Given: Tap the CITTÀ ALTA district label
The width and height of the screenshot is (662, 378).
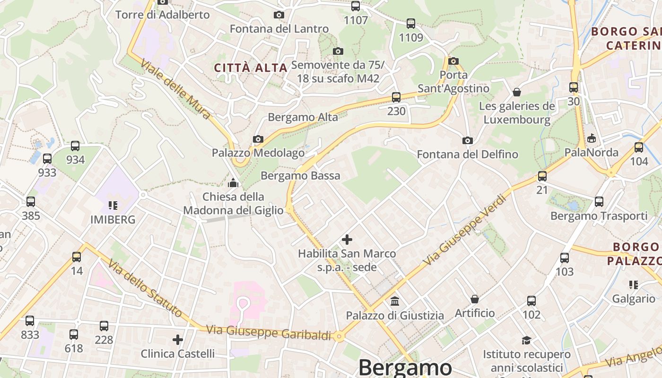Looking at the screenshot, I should (x=251, y=68).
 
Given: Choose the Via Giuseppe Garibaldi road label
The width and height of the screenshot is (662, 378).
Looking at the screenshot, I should (x=269, y=332).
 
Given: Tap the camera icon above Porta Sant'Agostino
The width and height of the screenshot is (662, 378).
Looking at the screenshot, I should (x=453, y=61).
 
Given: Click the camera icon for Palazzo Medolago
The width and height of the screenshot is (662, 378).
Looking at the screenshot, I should (x=258, y=139).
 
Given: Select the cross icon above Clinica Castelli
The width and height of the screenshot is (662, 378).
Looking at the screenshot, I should (x=178, y=340).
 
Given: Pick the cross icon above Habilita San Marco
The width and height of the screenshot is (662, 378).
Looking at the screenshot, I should (x=347, y=240).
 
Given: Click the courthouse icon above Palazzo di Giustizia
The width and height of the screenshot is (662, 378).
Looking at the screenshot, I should (x=395, y=301).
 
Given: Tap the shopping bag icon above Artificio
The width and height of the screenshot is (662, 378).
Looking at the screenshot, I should (x=475, y=299).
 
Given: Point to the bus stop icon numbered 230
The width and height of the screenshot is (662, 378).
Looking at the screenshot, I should (x=396, y=97).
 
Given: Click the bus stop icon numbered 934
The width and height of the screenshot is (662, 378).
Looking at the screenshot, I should (x=75, y=146).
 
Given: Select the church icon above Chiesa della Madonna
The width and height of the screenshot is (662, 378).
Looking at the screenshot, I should (x=233, y=182).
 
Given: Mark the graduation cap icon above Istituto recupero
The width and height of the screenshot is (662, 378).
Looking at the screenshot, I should (x=526, y=340).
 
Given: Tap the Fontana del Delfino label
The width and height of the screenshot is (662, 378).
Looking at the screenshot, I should (x=467, y=154).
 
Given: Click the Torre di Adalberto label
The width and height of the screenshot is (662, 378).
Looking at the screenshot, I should (x=162, y=15).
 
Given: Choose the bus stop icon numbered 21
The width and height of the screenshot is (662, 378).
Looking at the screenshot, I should (x=542, y=176).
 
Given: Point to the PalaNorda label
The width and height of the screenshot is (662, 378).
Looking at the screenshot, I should (x=591, y=152).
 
